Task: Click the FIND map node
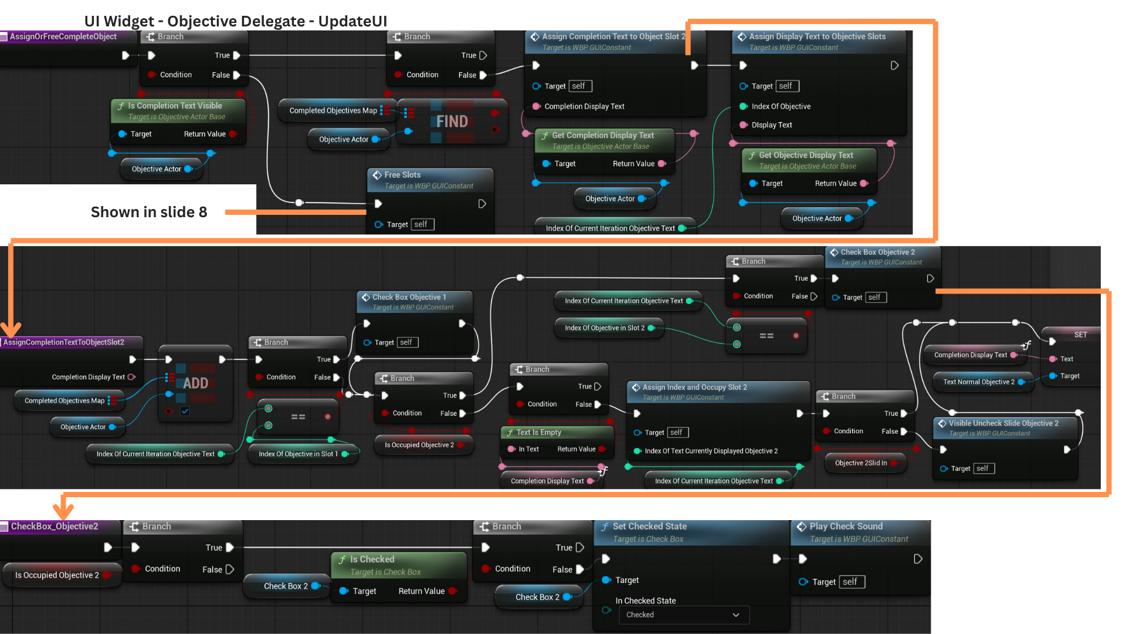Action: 452,122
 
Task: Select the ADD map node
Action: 195,383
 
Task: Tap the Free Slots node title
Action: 402,175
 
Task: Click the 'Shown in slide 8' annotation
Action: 149,212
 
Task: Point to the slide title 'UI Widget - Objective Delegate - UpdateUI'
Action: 236,21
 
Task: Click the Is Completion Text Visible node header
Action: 175,106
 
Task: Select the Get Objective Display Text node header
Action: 806,156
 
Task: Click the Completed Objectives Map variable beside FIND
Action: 333,110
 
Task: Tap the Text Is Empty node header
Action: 538,433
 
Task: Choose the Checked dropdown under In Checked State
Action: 683,615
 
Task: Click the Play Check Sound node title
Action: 846,527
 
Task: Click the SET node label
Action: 1080,335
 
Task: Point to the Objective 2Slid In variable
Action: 860,463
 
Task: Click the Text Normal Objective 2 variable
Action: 978,382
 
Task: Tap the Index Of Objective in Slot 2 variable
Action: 604,328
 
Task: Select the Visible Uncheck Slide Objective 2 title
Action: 1003,423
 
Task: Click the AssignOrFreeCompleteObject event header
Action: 63,36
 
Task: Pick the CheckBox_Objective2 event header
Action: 54,527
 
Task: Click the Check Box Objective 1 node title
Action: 409,298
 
